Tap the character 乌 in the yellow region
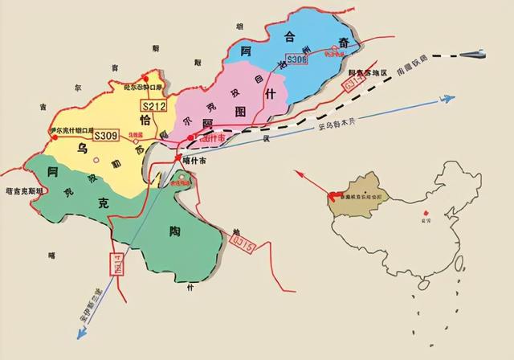click(83, 149)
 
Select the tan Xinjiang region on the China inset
click(365, 193)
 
